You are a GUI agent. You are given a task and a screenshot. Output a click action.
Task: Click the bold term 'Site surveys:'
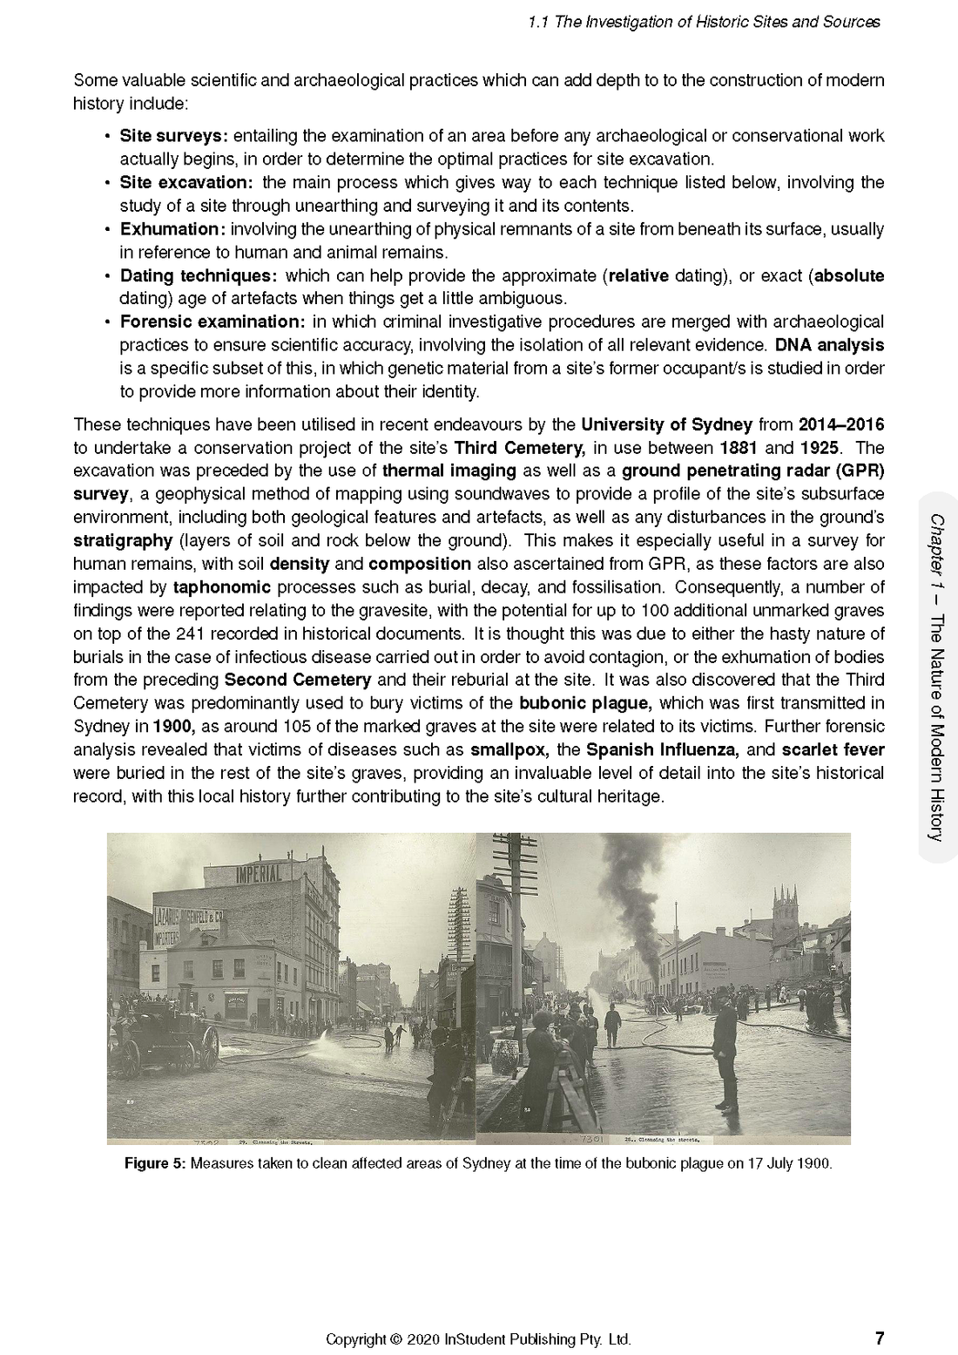[x=173, y=136]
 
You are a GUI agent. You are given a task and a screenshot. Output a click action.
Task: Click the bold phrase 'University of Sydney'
[x=666, y=425]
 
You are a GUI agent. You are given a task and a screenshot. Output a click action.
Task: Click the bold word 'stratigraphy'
[x=123, y=540]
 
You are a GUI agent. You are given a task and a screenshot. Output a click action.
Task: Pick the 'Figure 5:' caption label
[x=155, y=1163]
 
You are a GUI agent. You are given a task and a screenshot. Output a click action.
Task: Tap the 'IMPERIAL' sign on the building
[x=260, y=872]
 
